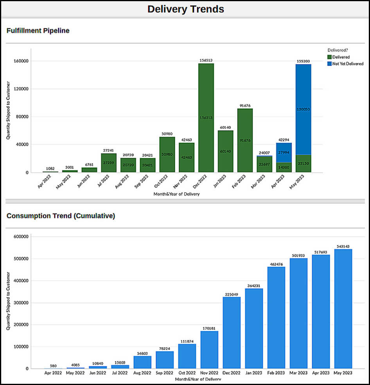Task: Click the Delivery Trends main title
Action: pyautogui.click(x=185, y=9)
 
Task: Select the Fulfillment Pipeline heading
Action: pyautogui.click(x=38, y=30)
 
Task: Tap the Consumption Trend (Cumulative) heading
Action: pyautogui.click(x=61, y=216)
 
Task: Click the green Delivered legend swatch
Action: pyautogui.click(x=329, y=57)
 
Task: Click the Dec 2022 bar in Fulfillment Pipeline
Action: pyautogui.click(x=206, y=117)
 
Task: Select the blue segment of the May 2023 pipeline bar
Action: pyautogui.click(x=303, y=109)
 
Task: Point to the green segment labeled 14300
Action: pyautogui.click(x=284, y=167)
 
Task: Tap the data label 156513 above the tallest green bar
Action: pyautogui.click(x=206, y=60)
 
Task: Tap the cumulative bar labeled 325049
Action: pyautogui.click(x=232, y=332)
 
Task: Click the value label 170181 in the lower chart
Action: pyautogui.click(x=209, y=328)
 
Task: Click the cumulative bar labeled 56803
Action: pyautogui.click(x=142, y=362)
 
